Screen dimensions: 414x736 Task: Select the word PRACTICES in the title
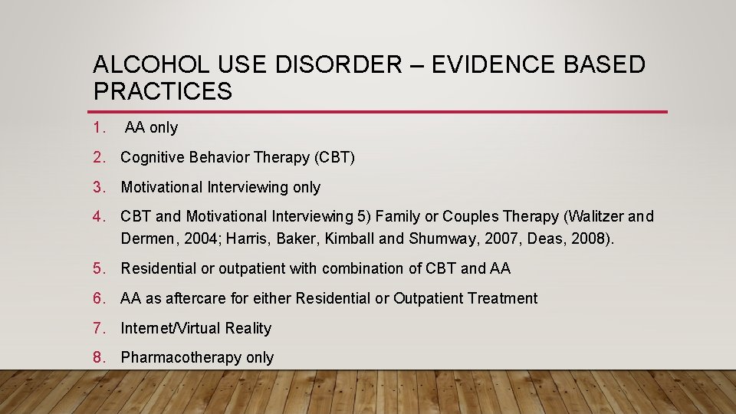(163, 91)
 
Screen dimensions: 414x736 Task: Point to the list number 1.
(98, 128)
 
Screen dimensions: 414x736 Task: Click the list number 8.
(98, 357)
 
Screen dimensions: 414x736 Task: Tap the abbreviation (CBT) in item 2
(335, 158)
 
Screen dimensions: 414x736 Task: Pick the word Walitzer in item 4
(591, 217)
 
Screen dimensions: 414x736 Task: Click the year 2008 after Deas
(591, 238)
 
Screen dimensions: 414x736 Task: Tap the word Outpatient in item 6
(429, 298)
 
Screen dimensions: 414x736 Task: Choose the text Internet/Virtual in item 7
(168, 328)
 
